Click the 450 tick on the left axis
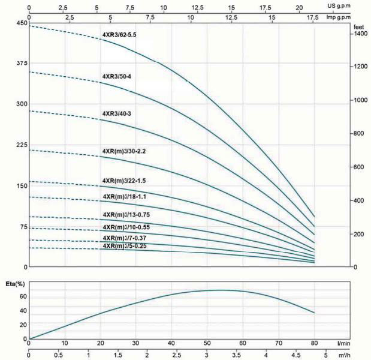[21, 23]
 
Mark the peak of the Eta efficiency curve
[220, 290]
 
